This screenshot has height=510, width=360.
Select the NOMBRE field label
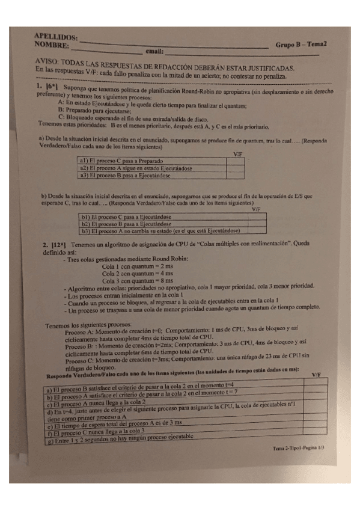coord(52,45)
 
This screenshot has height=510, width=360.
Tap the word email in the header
coord(154,52)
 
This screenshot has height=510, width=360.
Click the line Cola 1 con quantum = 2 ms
coord(138,266)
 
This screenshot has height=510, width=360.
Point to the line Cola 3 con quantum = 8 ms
coord(138,280)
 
